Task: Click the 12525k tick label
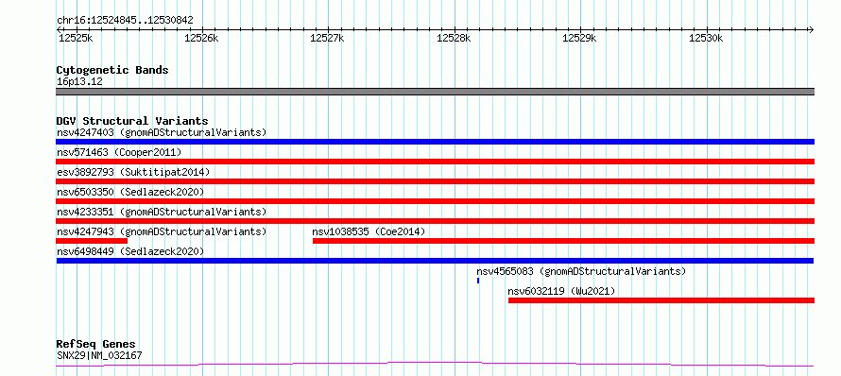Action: [76, 38]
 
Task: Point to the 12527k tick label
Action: [327, 38]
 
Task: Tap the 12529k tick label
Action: [578, 38]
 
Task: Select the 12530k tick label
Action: [706, 38]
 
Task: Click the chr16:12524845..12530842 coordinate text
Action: [125, 21]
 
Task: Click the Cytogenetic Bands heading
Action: [112, 70]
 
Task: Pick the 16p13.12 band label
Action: [79, 82]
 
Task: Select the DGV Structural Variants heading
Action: [132, 121]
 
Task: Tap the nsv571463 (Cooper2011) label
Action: [119, 152]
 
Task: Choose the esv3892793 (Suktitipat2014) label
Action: [133, 172]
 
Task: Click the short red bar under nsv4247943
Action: [92, 241]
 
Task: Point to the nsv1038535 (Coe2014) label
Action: [369, 231]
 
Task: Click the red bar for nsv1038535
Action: [564, 241]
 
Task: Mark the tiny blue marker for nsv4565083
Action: [478, 281]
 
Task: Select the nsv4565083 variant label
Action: [581, 271]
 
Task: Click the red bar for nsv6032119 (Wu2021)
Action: [661, 300]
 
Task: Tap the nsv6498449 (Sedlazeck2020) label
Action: [130, 251]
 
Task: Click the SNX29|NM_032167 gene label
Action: [99, 355]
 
